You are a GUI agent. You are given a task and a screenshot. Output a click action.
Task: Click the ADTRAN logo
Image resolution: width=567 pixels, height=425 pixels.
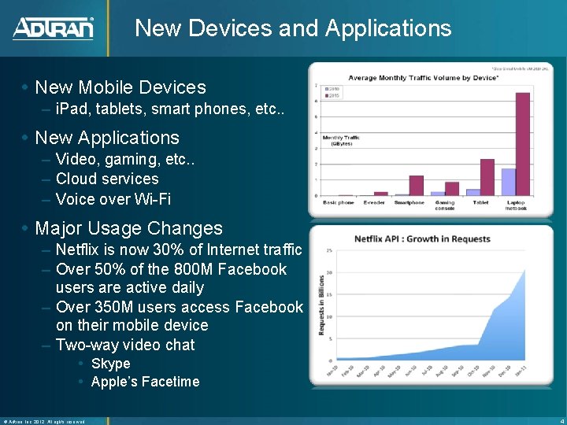[x=53, y=29]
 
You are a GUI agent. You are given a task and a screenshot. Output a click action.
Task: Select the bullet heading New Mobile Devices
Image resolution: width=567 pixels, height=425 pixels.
[x=120, y=87]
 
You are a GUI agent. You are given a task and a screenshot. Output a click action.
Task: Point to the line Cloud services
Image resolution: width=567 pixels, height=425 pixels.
[x=107, y=179]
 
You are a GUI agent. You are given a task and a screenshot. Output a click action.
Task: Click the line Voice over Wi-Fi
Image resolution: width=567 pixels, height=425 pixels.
[x=113, y=199]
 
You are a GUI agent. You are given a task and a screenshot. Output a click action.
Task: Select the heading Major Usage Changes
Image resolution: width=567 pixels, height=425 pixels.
[x=129, y=228]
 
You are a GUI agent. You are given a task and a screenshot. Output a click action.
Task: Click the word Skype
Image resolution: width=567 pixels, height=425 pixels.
[x=111, y=364]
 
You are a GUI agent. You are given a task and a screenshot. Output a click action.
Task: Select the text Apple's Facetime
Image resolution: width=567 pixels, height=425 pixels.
[x=145, y=382]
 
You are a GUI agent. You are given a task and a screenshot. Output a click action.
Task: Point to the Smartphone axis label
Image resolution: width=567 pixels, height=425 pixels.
[x=409, y=203]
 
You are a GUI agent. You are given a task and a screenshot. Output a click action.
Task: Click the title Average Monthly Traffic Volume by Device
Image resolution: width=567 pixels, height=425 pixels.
[x=418, y=78]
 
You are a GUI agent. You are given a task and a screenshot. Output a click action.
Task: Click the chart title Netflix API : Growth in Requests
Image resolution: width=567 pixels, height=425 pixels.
[x=422, y=238]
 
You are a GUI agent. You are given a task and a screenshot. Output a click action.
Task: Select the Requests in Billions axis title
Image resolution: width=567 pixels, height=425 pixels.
[x=321, y=305]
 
